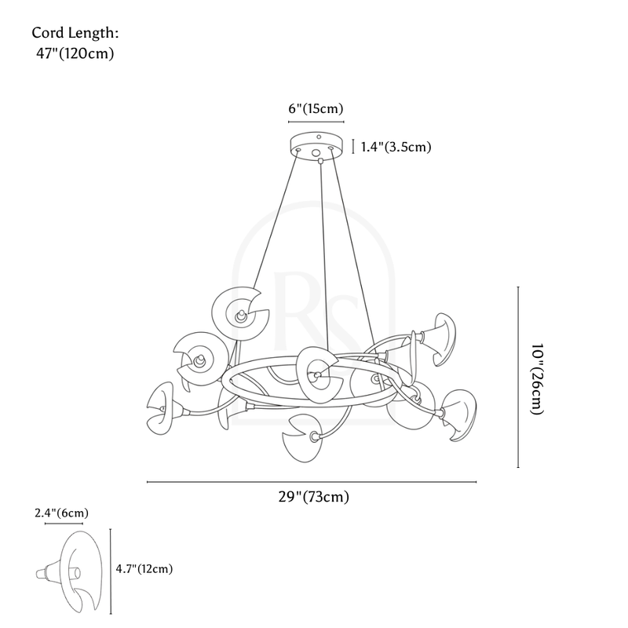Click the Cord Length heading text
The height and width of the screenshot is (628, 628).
(75, 33)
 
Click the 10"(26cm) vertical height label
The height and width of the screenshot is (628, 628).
(535, 378)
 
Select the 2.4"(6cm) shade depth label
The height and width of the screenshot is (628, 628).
(61, 513)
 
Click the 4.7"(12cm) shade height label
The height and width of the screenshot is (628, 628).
(144, 568)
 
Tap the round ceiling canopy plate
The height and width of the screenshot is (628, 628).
(317, 146)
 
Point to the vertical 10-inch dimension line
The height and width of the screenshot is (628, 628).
(518, 378)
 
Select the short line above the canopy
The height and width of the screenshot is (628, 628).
(317, 122)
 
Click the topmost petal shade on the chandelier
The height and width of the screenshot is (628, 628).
(243, 313)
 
